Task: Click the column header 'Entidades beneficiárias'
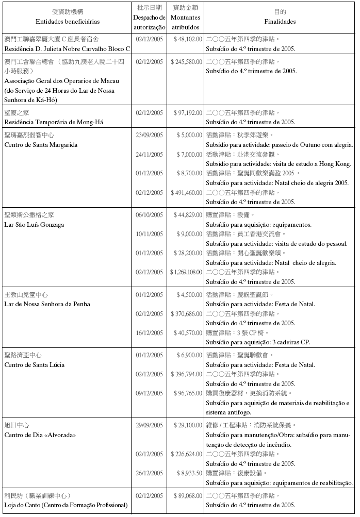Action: pyautogui.click(x=68, y=22)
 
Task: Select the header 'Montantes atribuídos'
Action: pyautogui.click(x=186, y=22)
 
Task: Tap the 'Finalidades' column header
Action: pyautogui.click(x=280, y=22)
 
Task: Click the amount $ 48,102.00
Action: pyautogui.click(x=186, y=39)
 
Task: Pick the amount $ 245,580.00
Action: pyautogui.click(x=186, y=62)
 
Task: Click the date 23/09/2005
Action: pyautogui.click(x=149, y=135)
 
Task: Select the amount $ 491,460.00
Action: pyautogui.click(x=186, y=193)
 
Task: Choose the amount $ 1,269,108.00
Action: pyautogui.click(x=186, y=272)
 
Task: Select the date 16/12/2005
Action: pyautogui.click(x=149, y=332)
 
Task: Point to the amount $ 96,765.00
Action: pyautogui.click(x=186, y=393)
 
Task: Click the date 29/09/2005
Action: pyautogui.click(x=149, y=425)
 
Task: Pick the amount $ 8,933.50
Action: pyautogui.click(x=186, y=473)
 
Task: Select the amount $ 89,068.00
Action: pyautogui.click(x=186, y=495)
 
